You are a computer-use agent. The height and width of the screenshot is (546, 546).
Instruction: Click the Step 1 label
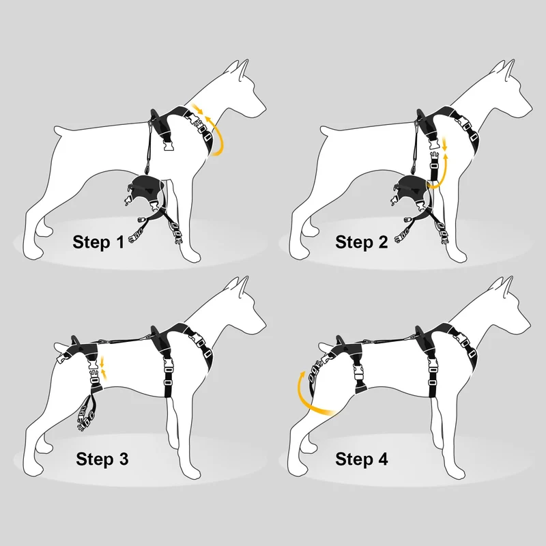pyautogui.click(x=98, y=242)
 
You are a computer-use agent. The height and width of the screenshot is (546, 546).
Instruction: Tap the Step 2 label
pyautogui.click(x=361, y=242)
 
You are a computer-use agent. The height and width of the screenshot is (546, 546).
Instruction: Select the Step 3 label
pyautogui.click(x=102, y=459)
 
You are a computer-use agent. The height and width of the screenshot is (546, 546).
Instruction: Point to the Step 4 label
pyautogui.click(x=362, y=459)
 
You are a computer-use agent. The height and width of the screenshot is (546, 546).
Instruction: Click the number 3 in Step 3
pyautogui.click(x=124, y=459)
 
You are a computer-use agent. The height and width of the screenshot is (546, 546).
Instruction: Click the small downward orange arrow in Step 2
pyautogui.click(x=444, y=144)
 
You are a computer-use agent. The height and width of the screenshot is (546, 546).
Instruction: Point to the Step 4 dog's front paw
pyautogui.click(x=457, y=473)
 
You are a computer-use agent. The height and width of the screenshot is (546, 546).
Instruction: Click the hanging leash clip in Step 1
pyautogui.click(x=147, y=169)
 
